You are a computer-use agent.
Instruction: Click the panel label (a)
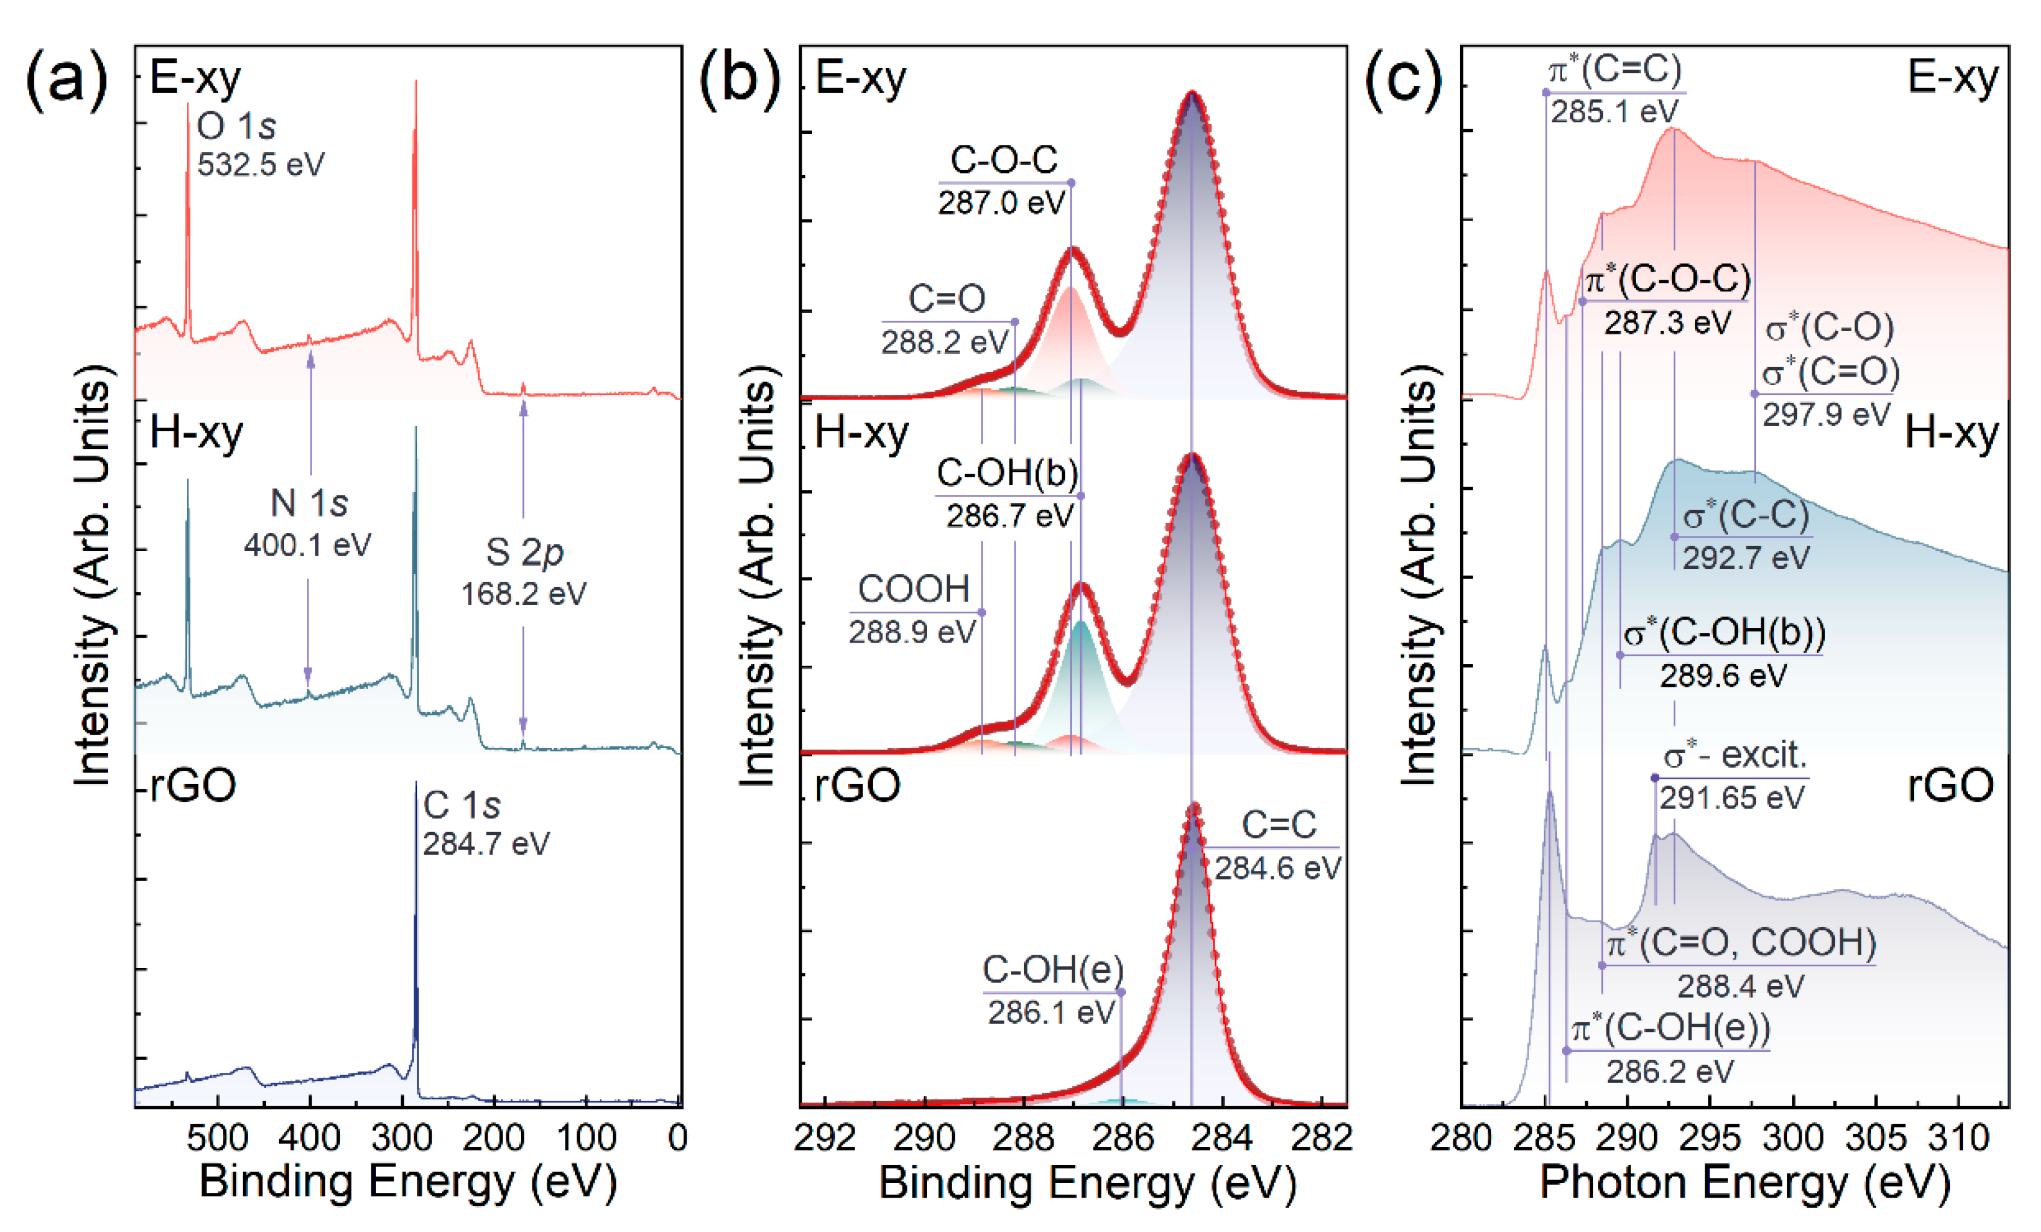pyautogui.click(x=66, y=80)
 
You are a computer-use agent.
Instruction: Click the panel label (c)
pyautogui.click(x=1403, y=80)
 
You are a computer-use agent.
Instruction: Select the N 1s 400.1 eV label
pyautogui.click(x=308, y=523)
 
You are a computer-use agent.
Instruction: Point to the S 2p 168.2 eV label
pyautogui.click(x=523, y=571)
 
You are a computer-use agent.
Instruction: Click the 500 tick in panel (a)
pyautogui.click(x=217, y=1137)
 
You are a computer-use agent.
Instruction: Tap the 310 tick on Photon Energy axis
pyautogui.click(x=1958, y=1137)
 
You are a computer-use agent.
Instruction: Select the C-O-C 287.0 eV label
pyautogui.click(x=1002, y=181)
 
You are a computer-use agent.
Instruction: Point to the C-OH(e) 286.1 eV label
pyautogui.click(x=1052, y=990)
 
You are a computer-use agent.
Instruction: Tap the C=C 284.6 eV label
pyautogui.click(x=1278, y=845)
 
